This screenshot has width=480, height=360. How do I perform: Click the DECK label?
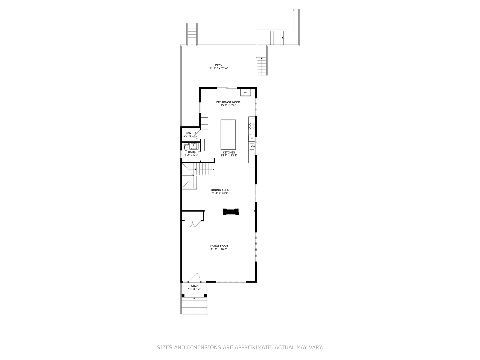[219, 65]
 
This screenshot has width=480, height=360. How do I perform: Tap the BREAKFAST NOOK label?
[228, 102]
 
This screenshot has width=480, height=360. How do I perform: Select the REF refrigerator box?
[246, 92]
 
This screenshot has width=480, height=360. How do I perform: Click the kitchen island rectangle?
[228, 134]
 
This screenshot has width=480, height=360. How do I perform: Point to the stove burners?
[252, 126]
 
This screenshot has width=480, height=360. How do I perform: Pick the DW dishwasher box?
[252, 138]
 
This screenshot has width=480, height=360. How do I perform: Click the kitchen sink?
[252, 146]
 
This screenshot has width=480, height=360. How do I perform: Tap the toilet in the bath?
[186, 147]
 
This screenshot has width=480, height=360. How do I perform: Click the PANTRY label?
[191, 133]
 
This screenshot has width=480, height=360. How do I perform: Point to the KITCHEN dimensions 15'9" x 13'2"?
[229, 155]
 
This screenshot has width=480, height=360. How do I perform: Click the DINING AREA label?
[220, 190]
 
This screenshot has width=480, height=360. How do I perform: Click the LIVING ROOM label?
[219, 246]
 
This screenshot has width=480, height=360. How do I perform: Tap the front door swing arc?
[195, 277]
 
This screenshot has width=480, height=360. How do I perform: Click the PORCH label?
[194, 286]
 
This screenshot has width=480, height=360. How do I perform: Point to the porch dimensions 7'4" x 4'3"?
[194, 289]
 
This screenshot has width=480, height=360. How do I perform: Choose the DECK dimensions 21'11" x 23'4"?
[219, 68]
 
